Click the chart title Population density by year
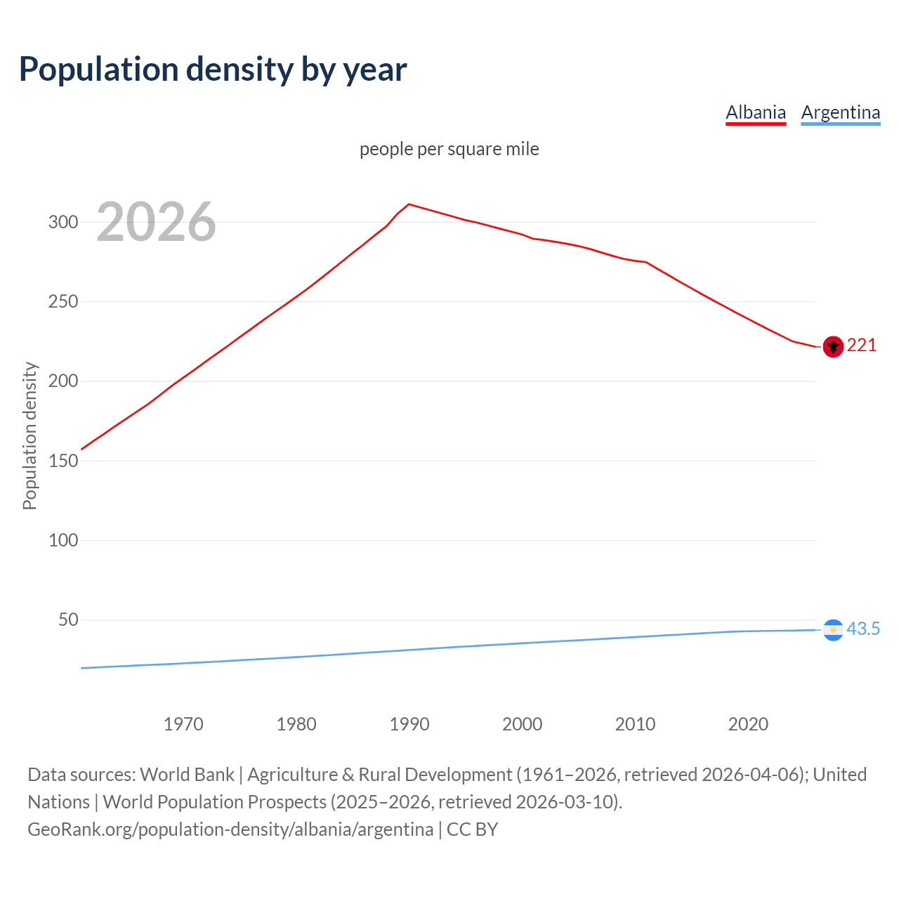click(x=212, y=70)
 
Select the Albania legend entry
click(x=755, y=112)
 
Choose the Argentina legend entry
click(x=840, y=112)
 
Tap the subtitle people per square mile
click(x=449, y=149)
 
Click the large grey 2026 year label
click(x=156, y=222)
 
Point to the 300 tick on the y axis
click(x=63, y=222)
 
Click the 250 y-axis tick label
click(x=63, y=301)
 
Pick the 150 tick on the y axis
click(x=63, y=461)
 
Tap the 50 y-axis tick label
click(x=67, y=619)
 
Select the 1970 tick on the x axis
click(x=183, y=724)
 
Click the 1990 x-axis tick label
click(x=409, y=724)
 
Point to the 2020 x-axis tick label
click(x=748, y=724)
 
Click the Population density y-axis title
click(x=29, y=435)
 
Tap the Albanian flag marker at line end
click(x=833, y=346)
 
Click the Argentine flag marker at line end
click(x=833, y=630)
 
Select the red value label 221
click(x=862, y=345)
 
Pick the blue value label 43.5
click(x=863, y=629)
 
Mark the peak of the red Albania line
click(x=409, y=204)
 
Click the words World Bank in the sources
click(x=187, y=775)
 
